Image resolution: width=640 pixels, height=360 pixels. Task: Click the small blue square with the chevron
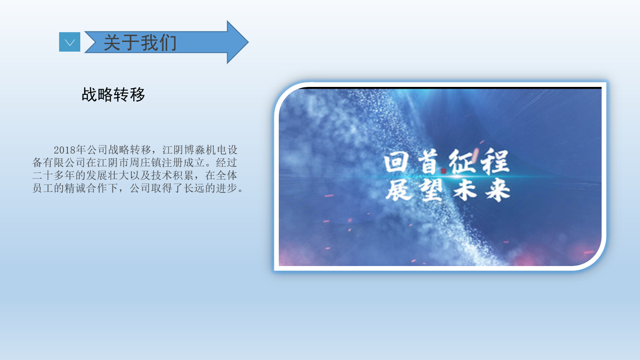[69, 42]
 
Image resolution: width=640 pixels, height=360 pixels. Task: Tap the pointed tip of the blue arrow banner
[248, 42]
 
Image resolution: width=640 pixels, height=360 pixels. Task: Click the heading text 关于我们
[140, 42]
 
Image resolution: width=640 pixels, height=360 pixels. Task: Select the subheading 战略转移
[113, 94]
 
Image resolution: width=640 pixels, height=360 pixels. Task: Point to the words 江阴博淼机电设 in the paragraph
[200, 150]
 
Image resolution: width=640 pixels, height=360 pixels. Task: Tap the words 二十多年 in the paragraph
[54, 175]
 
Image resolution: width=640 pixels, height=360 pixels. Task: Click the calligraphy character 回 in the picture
[396, 162]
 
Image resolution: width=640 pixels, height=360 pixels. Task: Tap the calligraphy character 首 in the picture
[427, 162]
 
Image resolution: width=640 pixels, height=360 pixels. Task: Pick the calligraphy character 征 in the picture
[462, 161]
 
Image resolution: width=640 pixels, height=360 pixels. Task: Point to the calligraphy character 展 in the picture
[399, 190]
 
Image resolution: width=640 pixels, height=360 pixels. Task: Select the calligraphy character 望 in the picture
[431, 190]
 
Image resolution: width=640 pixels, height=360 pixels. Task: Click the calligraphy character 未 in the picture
[465, 190]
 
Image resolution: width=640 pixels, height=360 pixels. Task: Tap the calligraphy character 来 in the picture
[498, 190]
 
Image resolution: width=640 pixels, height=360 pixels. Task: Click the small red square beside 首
[443, 171]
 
